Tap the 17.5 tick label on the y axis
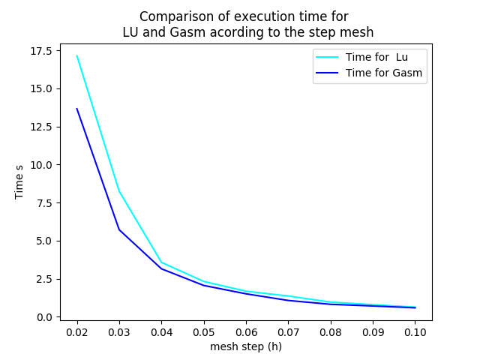tap(41, 51)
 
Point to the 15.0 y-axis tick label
tap(41, 88)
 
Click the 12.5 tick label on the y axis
tap(41, 127)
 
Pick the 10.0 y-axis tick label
tap(41, 165)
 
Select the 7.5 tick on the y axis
tap(44, 203)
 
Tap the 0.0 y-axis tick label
tap(44, 317)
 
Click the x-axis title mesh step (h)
tap(246, 346)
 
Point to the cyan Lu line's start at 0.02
tap(77, 55)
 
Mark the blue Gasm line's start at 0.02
tap(77, 109)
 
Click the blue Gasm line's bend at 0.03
tap(119, 229)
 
